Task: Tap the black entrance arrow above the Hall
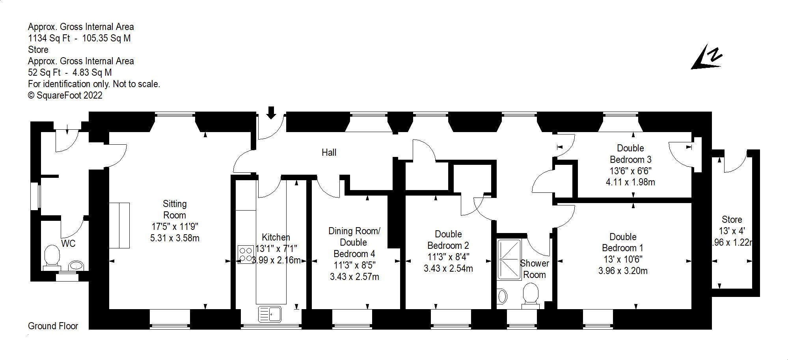(271, 112)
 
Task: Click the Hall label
(329, 153)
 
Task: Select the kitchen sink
(270, 314)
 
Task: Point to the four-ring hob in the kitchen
(246, 254)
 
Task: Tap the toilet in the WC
(51, 257)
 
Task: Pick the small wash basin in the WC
(76, 265)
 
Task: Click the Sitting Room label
(175, 209)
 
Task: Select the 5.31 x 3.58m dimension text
(175, 238)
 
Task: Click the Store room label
(732, 220)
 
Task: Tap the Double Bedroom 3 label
(630, 154)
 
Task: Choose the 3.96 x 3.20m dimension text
(623, 271)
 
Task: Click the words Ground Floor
(53, 326)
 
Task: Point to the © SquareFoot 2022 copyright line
(65, 95)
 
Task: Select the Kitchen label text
(276, 237)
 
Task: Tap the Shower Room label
(534, 269)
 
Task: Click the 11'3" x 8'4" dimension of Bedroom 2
(448, 257)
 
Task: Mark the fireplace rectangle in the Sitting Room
(119, 225)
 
